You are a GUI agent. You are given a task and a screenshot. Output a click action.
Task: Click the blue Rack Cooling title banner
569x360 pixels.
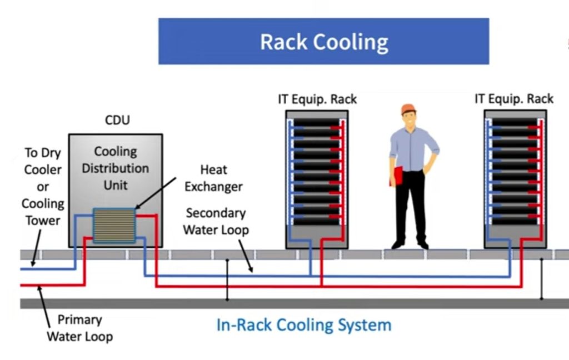(323, 42)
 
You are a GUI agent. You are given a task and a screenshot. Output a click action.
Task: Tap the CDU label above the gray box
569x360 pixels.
(117, 120)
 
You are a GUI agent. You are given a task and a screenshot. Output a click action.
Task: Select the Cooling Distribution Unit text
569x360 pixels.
(115, 168)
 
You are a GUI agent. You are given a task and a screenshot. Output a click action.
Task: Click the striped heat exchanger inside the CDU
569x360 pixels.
(114, 225)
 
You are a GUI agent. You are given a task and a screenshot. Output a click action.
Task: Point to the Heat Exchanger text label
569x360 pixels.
(213, 178)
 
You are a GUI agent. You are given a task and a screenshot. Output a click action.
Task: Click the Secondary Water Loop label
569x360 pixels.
(216, 221)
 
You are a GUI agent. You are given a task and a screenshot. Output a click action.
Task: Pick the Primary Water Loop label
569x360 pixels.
(79, 328)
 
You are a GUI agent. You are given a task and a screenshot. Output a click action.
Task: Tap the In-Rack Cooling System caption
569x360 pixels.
(303, 324)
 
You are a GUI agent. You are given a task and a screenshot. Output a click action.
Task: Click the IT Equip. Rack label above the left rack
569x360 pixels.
(317, 99)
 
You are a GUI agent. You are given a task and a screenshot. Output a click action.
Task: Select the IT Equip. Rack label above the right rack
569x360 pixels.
(513, 99)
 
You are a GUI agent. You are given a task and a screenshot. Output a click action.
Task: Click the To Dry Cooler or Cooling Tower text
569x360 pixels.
(43, 187)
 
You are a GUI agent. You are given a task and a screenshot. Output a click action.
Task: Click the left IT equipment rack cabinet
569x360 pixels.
(317, 178)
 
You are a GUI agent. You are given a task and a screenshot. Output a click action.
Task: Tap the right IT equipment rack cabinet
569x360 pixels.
(515, 178)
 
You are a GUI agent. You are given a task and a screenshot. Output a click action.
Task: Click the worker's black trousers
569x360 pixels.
(411, 206)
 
